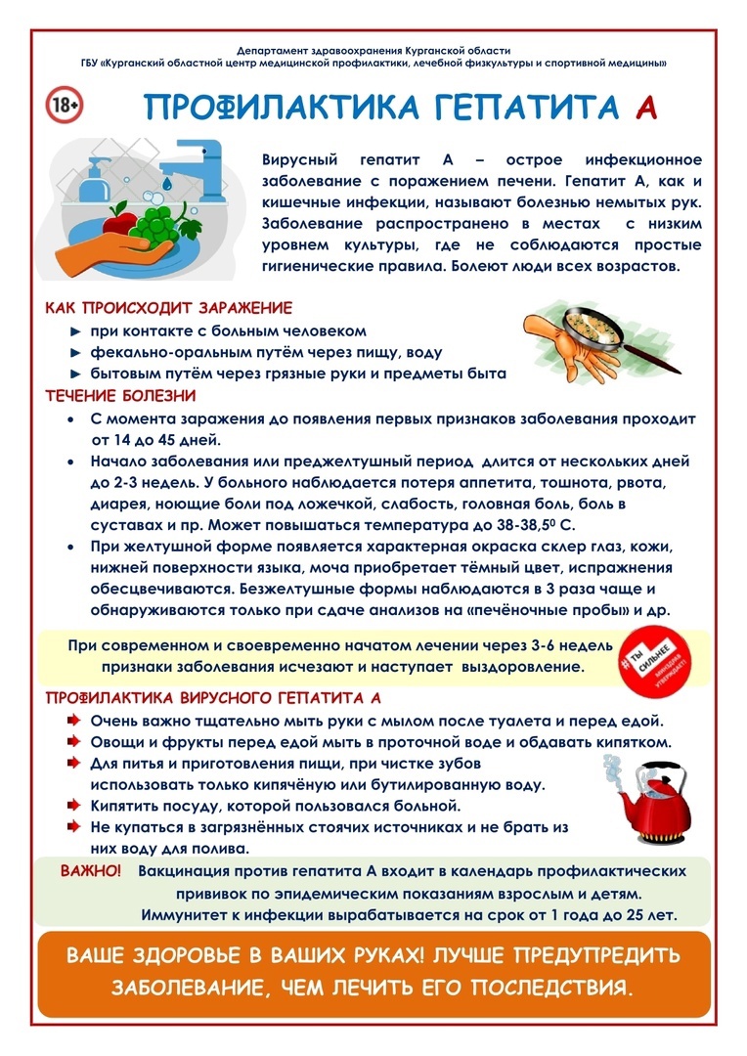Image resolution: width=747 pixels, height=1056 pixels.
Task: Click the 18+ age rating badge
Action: pos(65,105)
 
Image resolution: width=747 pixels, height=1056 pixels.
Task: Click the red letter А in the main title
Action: pos(644,108)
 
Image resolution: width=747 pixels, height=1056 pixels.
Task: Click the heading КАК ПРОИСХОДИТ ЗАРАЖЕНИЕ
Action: pos(168,308)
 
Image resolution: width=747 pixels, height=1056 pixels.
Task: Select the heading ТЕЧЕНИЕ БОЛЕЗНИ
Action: pos(120,396)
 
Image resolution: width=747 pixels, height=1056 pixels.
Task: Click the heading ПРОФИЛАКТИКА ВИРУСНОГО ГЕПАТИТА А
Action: pos(213,698)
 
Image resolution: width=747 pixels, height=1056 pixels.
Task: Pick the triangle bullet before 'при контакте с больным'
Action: pos(74,331)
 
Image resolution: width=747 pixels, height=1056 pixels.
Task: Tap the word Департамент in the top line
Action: pos(275,49)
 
